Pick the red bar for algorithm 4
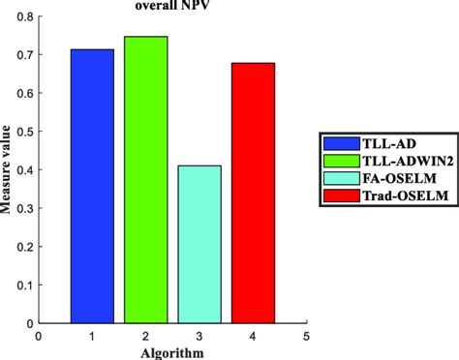[253, 193]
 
